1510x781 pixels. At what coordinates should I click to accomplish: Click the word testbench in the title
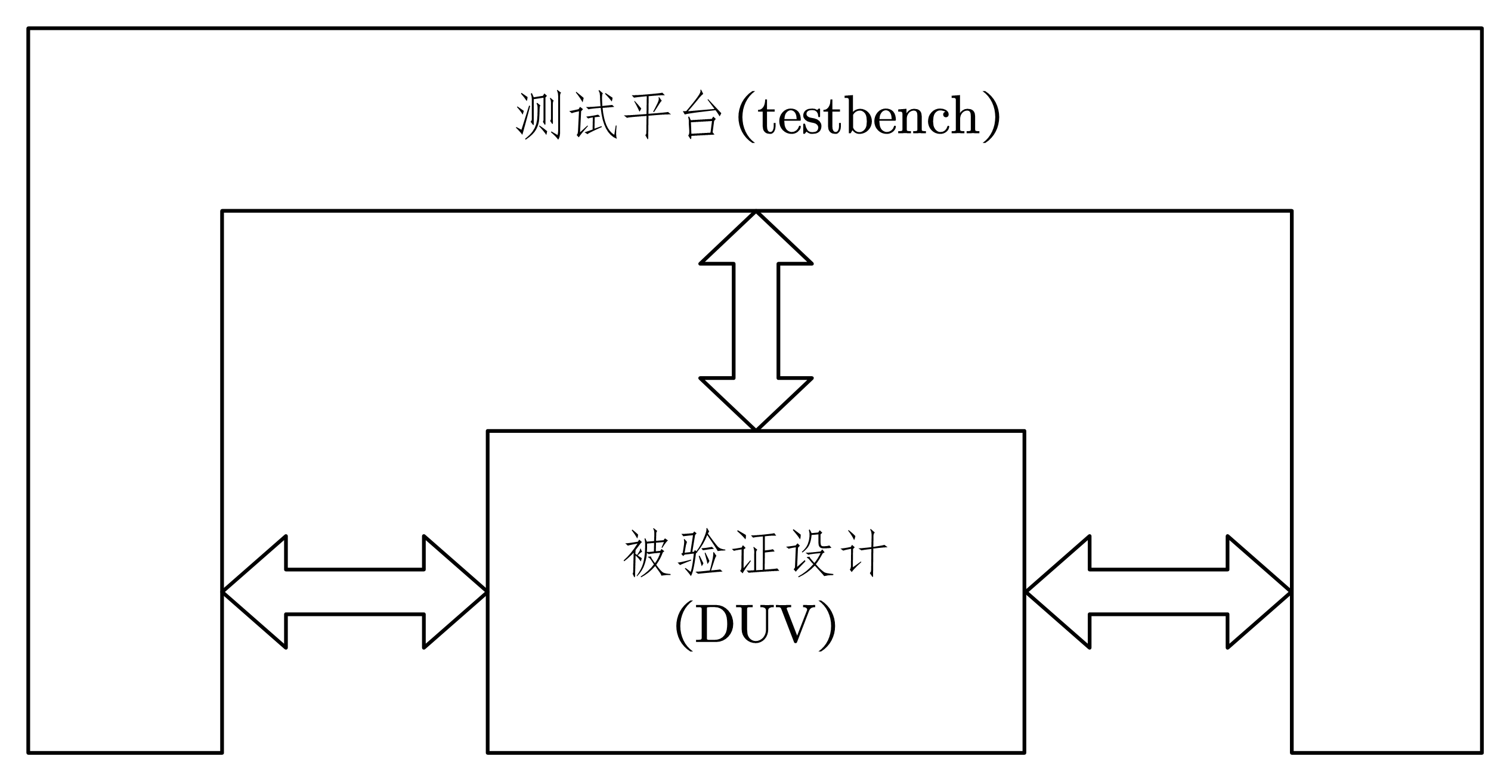click(x=869, y=117)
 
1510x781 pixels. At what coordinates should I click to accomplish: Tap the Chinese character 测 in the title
click(x=538, y=116)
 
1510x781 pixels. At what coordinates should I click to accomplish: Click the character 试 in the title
click(x=592, y=116)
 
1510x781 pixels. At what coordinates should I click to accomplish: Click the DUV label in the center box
click(x=756, y=625)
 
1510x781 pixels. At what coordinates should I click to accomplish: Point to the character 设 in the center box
click(x=810, y=554)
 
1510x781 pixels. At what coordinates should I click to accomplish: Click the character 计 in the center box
click(x=864, y=554)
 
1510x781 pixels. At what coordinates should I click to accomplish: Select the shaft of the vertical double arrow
click(x=756, y=321)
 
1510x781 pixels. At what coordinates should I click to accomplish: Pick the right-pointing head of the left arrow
click(x=450, y=592)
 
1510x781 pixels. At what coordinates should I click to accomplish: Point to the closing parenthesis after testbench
click(x=991, y=118)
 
